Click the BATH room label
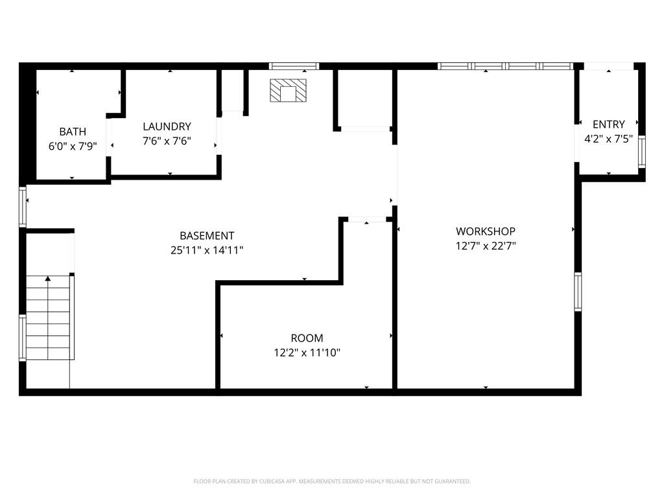coord(73,132)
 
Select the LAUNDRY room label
coord(167,126)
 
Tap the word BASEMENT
coord(207,236)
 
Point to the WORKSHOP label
coord(486,231)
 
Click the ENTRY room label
coord(608,124)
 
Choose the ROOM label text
coord(307,338)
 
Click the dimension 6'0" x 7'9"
coord(73,147)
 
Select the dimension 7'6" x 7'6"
coord(167,141)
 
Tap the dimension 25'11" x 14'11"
coord(207,250)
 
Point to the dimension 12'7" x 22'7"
coord(486,246)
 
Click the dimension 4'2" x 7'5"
coord(608,139)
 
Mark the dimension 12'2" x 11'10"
coord(307,353)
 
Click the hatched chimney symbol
coord(289,91)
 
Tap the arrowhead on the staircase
coord(48,279)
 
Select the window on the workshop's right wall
coord(578,292)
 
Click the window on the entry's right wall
coord(642,152)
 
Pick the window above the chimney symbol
coord(294,66)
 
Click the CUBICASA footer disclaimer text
coord(332,482)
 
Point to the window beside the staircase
coord(23,337)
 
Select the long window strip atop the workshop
coord(505,66)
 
